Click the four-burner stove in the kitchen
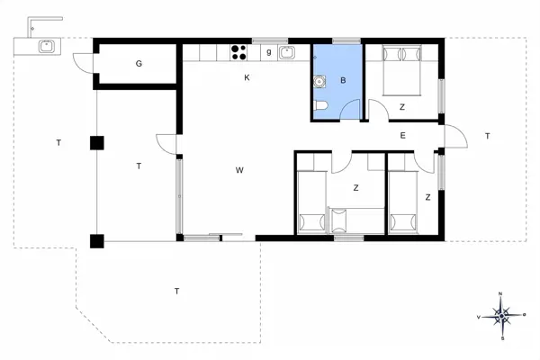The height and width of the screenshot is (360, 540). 240,52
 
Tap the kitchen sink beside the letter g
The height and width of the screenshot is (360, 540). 288,52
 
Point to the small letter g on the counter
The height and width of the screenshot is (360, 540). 268,52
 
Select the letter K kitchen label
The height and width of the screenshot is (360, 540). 247,78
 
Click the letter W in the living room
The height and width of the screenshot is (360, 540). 240,170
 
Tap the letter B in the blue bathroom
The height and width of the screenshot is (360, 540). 343,80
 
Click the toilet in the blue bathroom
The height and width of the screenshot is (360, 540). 321,110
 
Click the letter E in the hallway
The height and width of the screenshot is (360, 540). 402,136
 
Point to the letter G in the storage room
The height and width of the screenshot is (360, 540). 139,64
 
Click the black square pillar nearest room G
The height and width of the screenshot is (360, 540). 96,142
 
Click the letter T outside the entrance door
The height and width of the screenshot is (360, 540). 486,136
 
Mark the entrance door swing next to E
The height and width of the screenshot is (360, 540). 454,138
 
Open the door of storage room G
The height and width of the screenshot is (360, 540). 83,63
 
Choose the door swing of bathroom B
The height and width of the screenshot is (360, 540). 352,110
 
